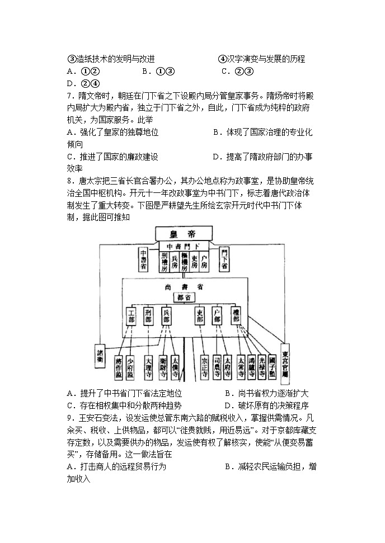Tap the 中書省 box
[x=143, y=259]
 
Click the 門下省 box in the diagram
[x=224, y=259]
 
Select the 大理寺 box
[x=148, y=367]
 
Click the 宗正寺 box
[x=205, y=367]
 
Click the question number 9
[x=69, y=418]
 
